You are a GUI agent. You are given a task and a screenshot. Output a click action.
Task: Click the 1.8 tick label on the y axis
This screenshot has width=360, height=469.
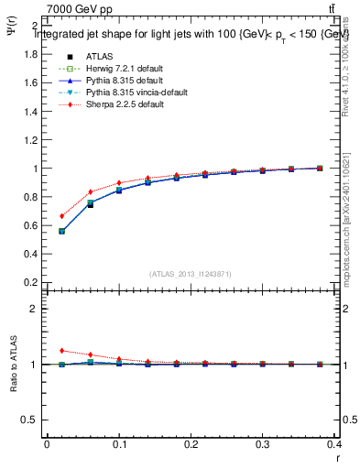coord(30,54)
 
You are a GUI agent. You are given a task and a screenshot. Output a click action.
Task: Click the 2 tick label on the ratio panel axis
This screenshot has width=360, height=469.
coord(34,309)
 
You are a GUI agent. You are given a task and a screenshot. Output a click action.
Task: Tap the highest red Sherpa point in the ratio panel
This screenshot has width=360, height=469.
coord(61,350)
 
